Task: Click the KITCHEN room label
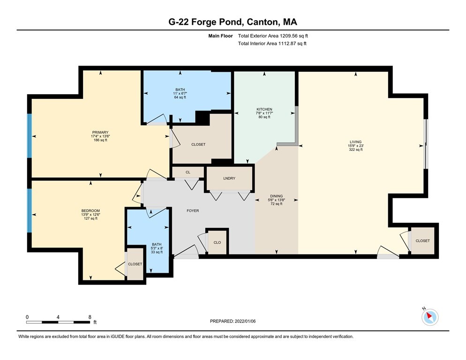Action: pos(264,109)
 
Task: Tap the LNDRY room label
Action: pos(229,179)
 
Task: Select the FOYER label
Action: pos(193,211)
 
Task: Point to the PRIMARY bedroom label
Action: pos(101,132)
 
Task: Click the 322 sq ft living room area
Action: pos(355,150)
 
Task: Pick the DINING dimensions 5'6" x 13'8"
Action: pos(276,200)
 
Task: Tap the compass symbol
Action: pos(429,317)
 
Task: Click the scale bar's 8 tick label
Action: pos(90,317)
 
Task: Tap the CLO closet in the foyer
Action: pos(217,243)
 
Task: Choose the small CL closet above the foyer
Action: pos(188,172)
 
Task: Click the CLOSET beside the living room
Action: pos(422,240)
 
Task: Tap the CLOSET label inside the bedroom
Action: pos(135,264)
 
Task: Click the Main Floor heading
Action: pos(222,36)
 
